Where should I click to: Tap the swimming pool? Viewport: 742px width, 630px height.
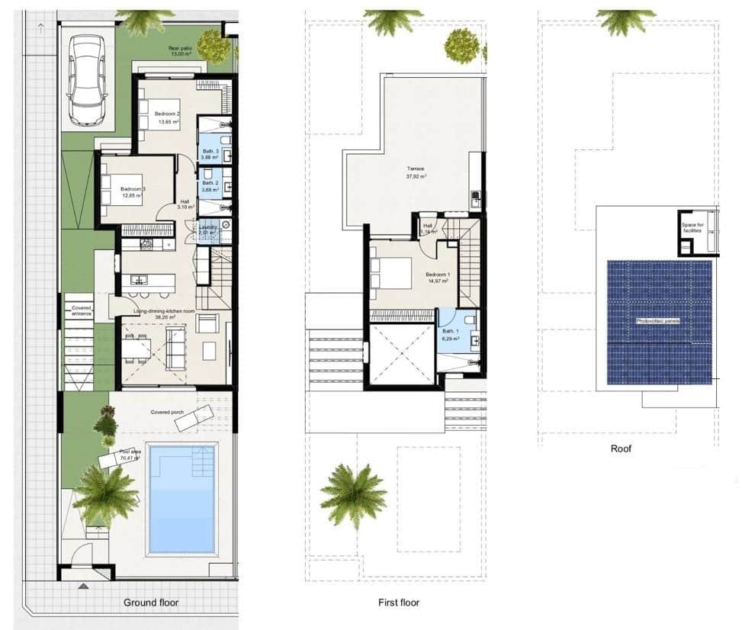coord(181,499)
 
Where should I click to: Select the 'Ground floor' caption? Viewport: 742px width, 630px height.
coord(151,603)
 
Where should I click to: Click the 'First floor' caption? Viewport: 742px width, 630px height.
coord(399,603)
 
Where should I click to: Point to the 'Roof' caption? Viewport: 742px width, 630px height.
coord(622,448)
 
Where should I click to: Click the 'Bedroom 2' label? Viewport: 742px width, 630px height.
coord(167,114)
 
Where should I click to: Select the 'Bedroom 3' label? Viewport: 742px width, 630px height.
coord(132,189)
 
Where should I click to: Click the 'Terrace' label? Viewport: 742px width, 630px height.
coord(416,169)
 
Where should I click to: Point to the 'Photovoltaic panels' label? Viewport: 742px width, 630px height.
coord(657,321)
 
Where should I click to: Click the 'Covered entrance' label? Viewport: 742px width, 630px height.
coord(81,310)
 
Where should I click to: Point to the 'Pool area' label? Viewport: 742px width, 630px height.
coord(130,452)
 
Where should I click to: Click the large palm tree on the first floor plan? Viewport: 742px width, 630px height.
coord(353,494)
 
